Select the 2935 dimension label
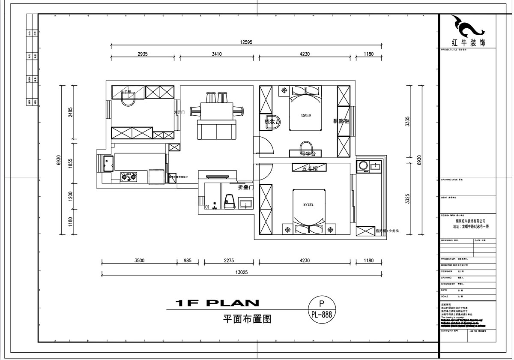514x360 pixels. pyautogui.click(x=143, y=54)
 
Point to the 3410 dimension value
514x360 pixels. pyautogui.click(x=217, y=54)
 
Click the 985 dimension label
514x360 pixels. pyautogui.click(x=188, y=260)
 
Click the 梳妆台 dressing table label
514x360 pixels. pyautogui.click(x=272, y=122)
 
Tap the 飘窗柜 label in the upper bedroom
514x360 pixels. pyautogui.click(x=341, y=121)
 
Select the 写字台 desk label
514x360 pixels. pyautogui.click(x=308, y=153)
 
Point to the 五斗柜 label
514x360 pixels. pyautogui.click(x=310, y=168)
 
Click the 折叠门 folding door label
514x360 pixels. pyautogui.click(x=246, y=187)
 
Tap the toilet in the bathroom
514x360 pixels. pyautogui.click(x=229, y=201)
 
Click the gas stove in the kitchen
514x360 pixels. pyautogui.click(x=129, y=176)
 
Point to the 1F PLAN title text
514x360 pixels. pyautogui.click(x=217, y=303)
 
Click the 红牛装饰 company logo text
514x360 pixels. pyautogui.click(x=469, y=43)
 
